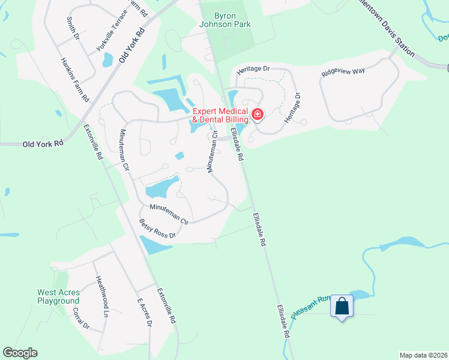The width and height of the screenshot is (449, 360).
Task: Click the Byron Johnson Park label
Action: coord(225,20)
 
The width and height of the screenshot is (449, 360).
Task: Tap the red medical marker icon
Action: coord(258,114)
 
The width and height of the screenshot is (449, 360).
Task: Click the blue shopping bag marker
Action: coord(342,307)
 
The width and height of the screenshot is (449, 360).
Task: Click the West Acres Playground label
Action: coord(58,297)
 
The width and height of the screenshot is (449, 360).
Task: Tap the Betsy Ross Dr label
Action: coord(157,229)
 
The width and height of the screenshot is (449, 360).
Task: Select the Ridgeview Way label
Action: coord(343,71)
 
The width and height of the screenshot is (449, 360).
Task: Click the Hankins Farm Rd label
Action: coord(75,79)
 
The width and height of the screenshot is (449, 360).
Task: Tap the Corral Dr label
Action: coord(80,320)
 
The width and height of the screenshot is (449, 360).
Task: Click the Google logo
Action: coord(20,353)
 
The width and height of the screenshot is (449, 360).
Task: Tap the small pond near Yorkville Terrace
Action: coord(108,59)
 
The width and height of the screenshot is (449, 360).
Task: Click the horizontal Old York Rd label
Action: coord(43,144)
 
